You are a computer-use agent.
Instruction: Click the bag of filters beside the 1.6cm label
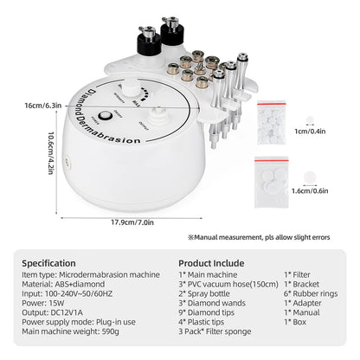[x=283, y=173]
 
